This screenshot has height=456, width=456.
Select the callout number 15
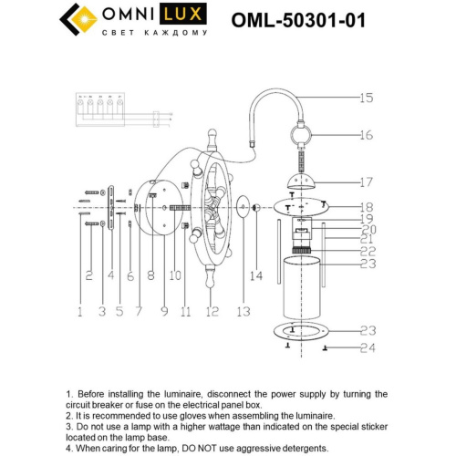pos(367,98)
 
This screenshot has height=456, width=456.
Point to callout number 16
pos(367,135)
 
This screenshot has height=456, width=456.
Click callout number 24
pos(367,347)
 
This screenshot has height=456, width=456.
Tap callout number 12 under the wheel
pos(212,312)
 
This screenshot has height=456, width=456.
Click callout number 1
pos(79,312)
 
